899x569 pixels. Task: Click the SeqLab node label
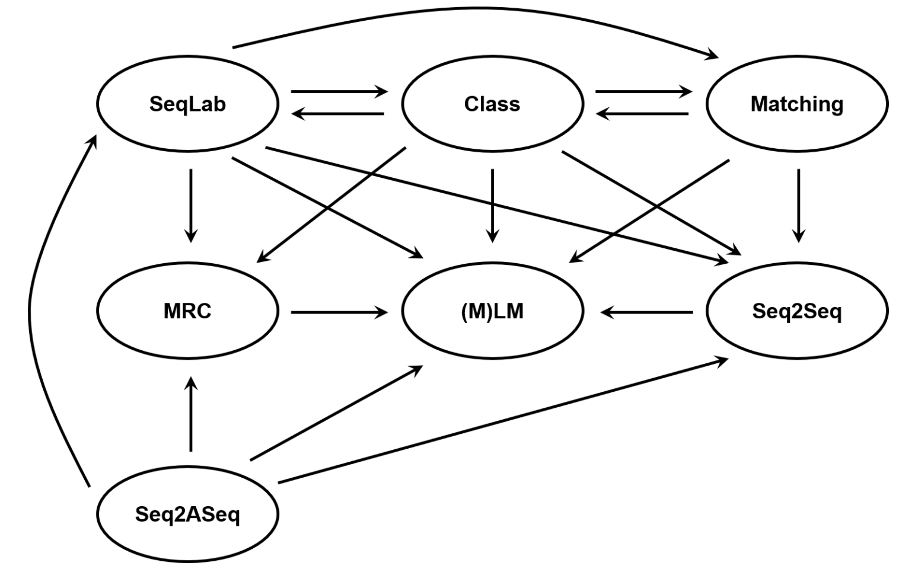(x=187, y=104)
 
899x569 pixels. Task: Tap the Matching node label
(x=797, y=104)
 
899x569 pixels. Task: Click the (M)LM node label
(x=492, y=311)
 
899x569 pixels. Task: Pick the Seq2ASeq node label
(x=187, y=514)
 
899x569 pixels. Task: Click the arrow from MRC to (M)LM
(x=340, y=312)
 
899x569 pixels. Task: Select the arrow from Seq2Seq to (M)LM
(x=646, y=312)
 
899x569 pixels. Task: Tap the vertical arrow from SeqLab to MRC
(x=190, y=206)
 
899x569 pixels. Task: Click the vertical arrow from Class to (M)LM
(x=492, y=206)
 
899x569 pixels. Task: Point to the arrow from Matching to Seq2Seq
(x=799, y=206)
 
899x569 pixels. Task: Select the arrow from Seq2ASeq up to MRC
(x=190, y=414)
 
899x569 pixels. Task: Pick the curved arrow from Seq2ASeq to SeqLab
(x=29, y=311)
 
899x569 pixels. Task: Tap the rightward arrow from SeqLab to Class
(x=340, y=91)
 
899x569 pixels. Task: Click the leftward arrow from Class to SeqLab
(x=337, y=114)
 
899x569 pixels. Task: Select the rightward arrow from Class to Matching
(x=644, y=91)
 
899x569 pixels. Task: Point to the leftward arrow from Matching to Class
(x=642, y=114)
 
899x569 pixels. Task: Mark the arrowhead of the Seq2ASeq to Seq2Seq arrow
(x=721, y=361)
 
